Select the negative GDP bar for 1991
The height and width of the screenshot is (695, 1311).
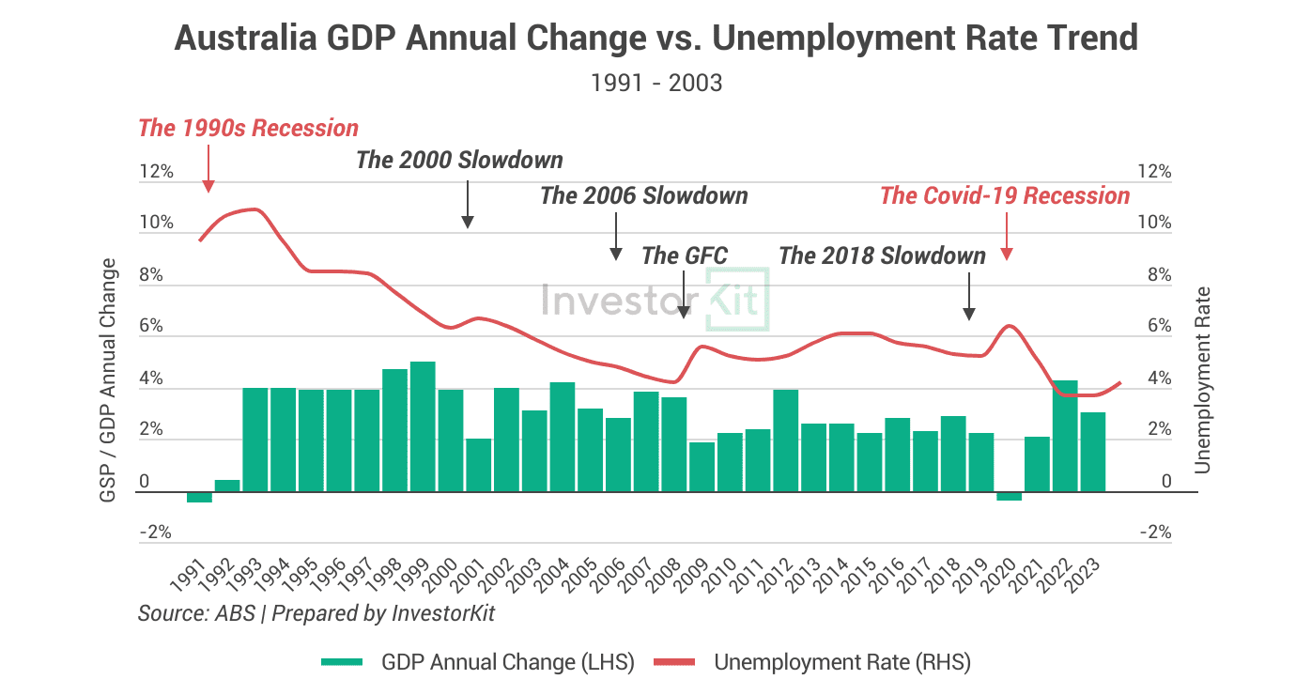[x=199, y=497]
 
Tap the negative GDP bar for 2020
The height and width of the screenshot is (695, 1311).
[x=1009, y=496]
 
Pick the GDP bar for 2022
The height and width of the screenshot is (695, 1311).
[x=1065, y=436]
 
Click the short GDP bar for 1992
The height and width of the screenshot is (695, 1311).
[x=227, y=486]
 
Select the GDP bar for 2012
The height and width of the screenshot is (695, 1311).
[x=785, y=440]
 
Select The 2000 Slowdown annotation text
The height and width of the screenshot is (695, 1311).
[x=459, y=160]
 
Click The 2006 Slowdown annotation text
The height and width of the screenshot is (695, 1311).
[x=643, y=196]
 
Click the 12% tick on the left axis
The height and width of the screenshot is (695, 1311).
[x=157, y=172]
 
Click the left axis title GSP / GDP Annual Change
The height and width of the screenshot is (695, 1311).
[x=110, y=378]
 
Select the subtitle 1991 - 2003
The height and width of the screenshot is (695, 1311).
[x=656, y=83]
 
